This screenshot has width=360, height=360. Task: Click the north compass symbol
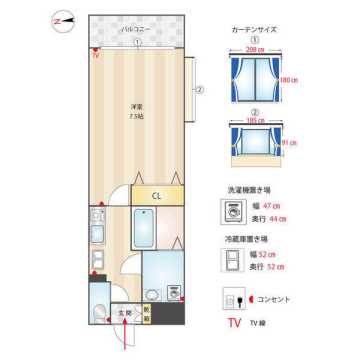(x=61, y=20)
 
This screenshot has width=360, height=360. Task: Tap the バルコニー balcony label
(x=136, y=30)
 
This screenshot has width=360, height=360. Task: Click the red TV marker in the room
(x=95, y=56)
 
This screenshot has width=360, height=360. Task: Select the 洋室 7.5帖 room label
(x=136, y=110)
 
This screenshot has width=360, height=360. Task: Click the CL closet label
(x=156, y=195)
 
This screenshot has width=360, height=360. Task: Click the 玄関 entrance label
(x=125, y=313)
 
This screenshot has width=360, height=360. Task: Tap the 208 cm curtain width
(x=254, y=49)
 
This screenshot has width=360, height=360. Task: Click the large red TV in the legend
(x=233, y=324)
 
